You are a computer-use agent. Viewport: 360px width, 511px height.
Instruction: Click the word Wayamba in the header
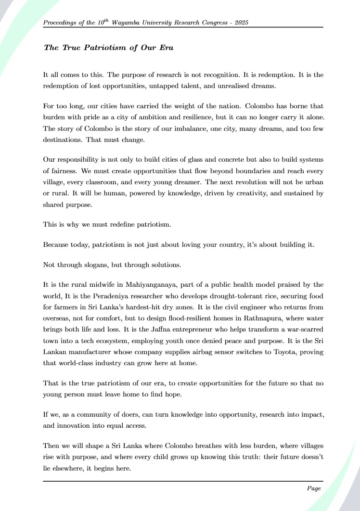(126, 23)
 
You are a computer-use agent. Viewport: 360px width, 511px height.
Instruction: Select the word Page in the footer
(314, 488)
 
